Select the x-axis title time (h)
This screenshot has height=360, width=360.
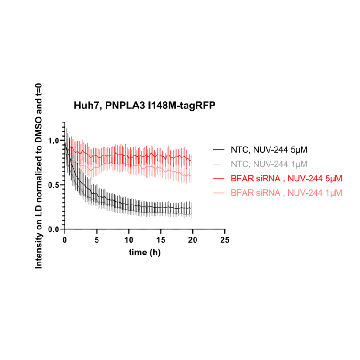145,252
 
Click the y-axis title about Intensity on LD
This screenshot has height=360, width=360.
39,176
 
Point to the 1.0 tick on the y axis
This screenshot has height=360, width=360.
54,140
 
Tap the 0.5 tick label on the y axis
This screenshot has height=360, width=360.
54,185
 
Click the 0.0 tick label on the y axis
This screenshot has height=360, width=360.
54,229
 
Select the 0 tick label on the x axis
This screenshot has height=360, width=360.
65,239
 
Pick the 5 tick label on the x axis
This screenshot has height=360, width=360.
97,239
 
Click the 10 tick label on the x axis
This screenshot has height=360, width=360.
129,239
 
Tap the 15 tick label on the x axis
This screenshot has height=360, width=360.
161,239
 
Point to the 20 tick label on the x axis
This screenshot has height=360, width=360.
193,239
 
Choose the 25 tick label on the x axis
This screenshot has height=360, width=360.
225,239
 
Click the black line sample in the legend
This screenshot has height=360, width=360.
218,150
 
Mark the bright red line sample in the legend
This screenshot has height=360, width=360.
218,179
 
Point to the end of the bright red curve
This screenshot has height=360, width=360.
191,160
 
